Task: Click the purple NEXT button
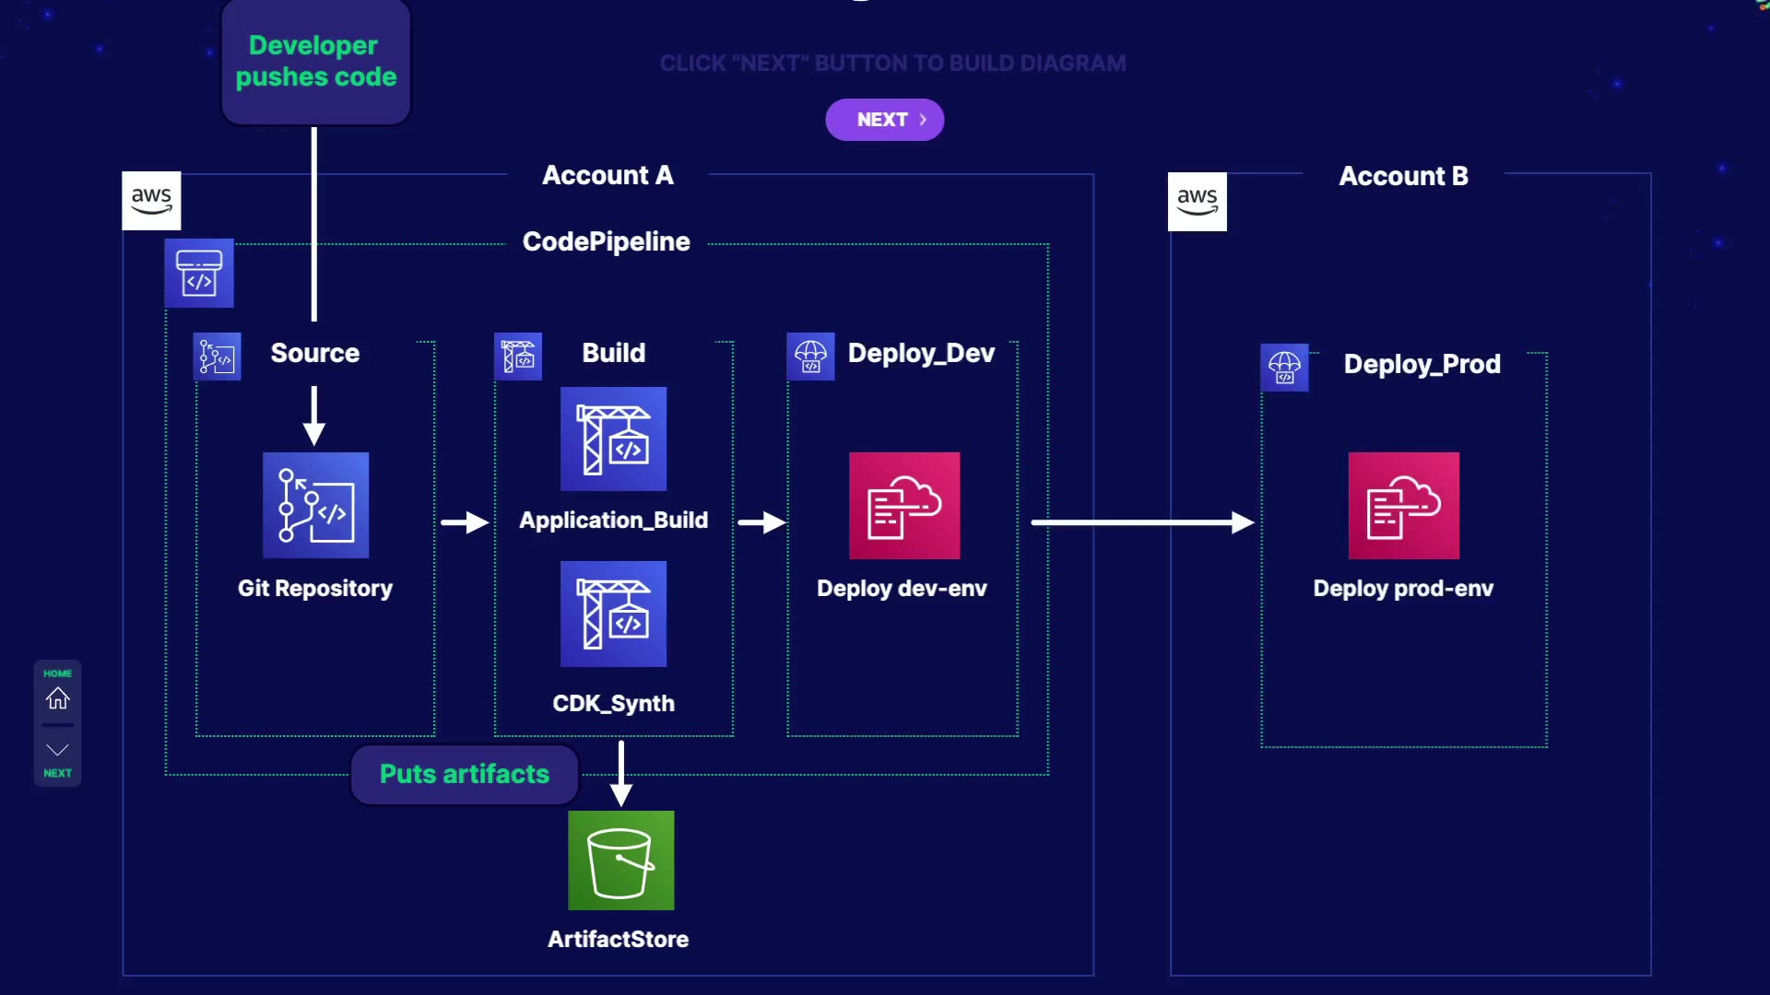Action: tap(884, 120)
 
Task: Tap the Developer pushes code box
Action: tap(315, 62)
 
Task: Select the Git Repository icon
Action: tap(315, 505)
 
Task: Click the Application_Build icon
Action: tap(613, 439)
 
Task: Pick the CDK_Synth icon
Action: tap(613, 614)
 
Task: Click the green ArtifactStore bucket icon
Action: tap(620, 860)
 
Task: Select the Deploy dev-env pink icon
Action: tap(903, 505)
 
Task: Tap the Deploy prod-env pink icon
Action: tap(1403, 505)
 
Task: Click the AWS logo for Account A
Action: tap(151, 200)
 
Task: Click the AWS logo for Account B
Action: tap(1197, 201)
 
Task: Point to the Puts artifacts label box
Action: tap(464, 774)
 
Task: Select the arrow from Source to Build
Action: tap(465, 522)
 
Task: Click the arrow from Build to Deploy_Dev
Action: tap(761, 522)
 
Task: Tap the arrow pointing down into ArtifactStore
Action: tap(621, 774)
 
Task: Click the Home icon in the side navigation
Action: tap(57, 698)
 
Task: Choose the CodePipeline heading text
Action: tap(606, 241)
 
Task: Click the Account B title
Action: tap(1403, 176)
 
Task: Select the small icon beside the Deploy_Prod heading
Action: tap(1284, 367)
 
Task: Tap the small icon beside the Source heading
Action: tap(217, 357)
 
